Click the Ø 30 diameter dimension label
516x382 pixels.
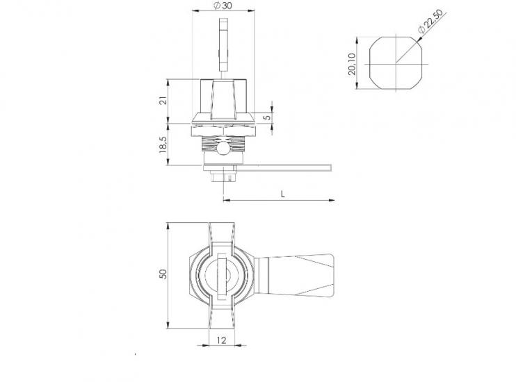pos(223,6)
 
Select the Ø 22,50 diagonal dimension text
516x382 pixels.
pos(432,21)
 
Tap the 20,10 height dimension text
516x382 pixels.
pos(352,64)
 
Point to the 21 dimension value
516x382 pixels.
pos(163,100)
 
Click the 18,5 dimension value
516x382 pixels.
pos(163,144)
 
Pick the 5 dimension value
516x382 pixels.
pos(268,117)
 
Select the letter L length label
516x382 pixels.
pos(282,194)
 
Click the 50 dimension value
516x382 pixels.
pos(163,274)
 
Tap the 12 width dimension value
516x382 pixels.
pos(222,340)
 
